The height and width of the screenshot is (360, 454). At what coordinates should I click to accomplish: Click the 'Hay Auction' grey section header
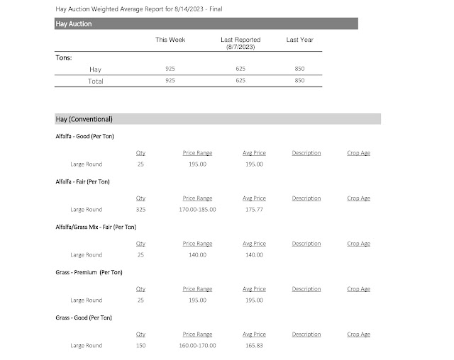(74, 23)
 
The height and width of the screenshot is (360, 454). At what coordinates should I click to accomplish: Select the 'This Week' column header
(170, 40)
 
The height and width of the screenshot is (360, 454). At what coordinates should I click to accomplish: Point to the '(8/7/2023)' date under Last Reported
(240, 47)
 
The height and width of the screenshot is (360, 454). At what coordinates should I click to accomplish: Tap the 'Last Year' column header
(300, 40)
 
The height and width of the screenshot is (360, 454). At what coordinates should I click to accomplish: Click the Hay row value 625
(240, 69)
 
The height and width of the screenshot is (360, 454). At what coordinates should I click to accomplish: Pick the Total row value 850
(300, 81)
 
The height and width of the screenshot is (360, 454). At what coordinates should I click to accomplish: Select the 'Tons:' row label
(64, 58)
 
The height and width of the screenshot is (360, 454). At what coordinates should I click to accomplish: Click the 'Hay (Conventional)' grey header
(84, 118)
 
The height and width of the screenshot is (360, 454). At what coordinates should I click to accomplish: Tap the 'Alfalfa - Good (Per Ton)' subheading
(84, 136)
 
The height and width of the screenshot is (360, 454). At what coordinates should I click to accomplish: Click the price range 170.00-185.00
(198, 210)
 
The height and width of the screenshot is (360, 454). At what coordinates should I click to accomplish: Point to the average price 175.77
(254, 210)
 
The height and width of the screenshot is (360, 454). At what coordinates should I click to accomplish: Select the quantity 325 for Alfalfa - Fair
(140, 210)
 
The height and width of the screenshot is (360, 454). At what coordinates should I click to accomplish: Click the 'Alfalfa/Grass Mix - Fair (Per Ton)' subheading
(96, 227)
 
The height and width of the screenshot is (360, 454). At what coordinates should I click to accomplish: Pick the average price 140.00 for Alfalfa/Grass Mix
(254, 255)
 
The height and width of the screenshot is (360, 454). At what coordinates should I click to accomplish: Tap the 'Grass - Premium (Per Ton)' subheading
(86, 272)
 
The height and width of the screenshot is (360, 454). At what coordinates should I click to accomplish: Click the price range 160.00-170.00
(198, 346)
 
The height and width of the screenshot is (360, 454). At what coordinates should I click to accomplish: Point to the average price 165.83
(254, 346)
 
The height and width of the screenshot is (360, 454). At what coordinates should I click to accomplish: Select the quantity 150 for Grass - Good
(140, 346)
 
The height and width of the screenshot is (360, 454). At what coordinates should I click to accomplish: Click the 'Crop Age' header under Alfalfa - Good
(358, 153)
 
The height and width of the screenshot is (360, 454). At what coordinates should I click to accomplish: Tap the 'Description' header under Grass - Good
(306, 334)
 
